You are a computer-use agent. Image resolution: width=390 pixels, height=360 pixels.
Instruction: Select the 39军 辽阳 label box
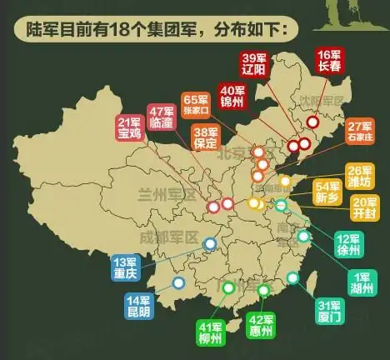coord(253,62)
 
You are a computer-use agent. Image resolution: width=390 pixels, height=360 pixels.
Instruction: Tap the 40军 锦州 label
coord(232,96)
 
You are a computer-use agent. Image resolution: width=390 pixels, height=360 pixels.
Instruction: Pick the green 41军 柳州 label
coord(210,332)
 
